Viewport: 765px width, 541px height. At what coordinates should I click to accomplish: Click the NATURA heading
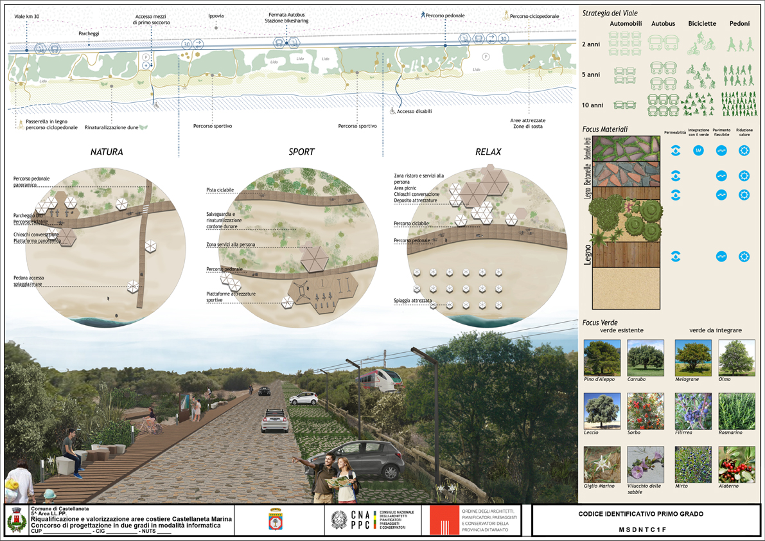107,152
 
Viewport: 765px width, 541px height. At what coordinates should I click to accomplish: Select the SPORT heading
301,152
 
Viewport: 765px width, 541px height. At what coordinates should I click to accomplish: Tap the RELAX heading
488,152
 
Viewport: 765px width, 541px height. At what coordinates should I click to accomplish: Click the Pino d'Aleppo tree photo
602,358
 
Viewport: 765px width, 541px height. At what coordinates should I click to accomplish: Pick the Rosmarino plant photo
737,411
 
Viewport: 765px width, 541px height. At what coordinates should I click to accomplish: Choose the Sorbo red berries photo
645,411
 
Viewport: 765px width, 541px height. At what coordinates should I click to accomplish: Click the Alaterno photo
737,465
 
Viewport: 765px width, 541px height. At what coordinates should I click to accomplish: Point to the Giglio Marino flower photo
602,465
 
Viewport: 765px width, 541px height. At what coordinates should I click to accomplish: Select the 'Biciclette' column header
701,24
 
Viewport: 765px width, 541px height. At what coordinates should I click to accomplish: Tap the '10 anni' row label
592,105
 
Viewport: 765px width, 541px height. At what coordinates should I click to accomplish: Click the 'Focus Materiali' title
605,129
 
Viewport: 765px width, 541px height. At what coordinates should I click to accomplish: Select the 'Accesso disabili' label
414,111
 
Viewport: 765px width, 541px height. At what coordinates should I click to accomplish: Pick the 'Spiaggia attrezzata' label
412,301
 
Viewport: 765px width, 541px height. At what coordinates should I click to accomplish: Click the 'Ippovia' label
216,16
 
